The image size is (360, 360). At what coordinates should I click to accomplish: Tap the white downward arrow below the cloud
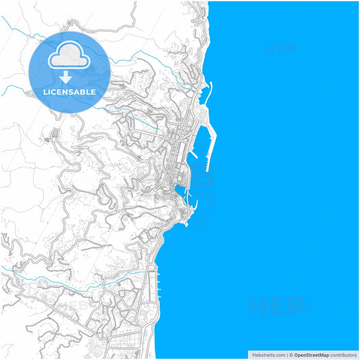point(66,76)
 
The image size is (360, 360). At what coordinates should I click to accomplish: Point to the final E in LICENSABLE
point(93,92)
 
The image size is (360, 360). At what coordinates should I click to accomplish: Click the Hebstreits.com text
point(267,355)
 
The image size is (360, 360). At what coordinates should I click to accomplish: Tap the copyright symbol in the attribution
point(292,355)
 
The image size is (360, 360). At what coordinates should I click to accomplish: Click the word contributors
point(343,355)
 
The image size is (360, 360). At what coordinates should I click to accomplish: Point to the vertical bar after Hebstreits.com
point(286,355)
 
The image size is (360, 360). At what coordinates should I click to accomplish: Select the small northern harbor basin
point(202,92)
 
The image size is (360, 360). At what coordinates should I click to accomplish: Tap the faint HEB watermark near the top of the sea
point(280,49)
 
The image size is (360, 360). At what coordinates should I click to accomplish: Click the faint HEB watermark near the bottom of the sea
point(277,307)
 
